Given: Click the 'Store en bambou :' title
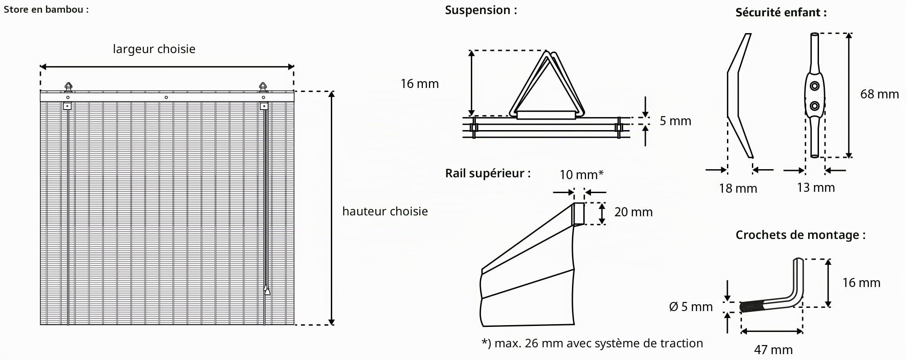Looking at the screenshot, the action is pos(46,9).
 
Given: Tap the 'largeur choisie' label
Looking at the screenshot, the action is pos(154,49).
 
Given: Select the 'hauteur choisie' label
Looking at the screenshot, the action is pos(385,211).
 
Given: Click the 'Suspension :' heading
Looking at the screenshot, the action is pos(481,10).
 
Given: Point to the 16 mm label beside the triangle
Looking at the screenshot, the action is pos(420,84).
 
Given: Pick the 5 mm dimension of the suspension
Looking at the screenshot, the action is pos(675,121).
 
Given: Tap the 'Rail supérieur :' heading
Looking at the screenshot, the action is pos(488,173).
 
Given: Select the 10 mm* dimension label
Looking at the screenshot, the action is pos(581,175).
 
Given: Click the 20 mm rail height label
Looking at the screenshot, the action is pos(634,212).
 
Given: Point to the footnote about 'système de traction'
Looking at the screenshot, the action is pos(592,344).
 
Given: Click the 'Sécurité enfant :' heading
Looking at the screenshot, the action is pos(781,13).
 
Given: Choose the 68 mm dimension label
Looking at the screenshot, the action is pos(880,94).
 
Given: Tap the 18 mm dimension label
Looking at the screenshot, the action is pos(738,189).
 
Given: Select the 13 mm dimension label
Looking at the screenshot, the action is pos(816,188).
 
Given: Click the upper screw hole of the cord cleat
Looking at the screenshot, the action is pos(815,86).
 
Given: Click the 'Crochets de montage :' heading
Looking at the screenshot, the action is pos(800,235).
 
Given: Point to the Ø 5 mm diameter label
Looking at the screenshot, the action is pos(691,307).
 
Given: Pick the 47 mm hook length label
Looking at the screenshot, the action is pos(773,350).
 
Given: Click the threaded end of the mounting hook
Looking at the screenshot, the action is pos(752,307).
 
